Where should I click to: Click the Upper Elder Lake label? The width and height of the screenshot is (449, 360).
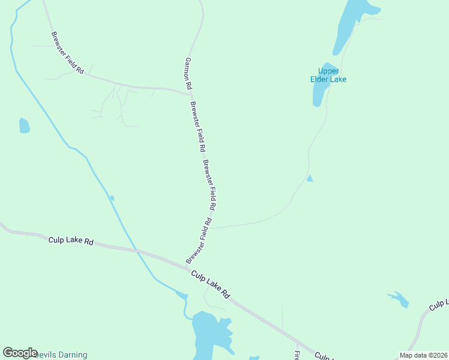328,75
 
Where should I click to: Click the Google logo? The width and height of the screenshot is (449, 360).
20,353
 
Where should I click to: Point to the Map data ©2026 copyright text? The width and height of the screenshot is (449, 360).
423,355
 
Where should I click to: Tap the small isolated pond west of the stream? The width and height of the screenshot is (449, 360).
24,125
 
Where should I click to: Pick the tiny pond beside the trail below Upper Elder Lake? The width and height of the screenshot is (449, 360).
310,179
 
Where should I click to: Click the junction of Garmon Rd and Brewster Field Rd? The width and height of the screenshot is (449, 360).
191,93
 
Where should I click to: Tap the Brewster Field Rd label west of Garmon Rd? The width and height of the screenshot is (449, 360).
67,53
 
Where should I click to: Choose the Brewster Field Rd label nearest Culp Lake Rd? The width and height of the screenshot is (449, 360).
199,241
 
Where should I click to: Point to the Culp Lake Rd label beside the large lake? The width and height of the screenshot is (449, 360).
211,284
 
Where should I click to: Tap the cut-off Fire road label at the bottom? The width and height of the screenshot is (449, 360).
297,355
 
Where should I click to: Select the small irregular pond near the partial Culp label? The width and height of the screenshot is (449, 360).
399,299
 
